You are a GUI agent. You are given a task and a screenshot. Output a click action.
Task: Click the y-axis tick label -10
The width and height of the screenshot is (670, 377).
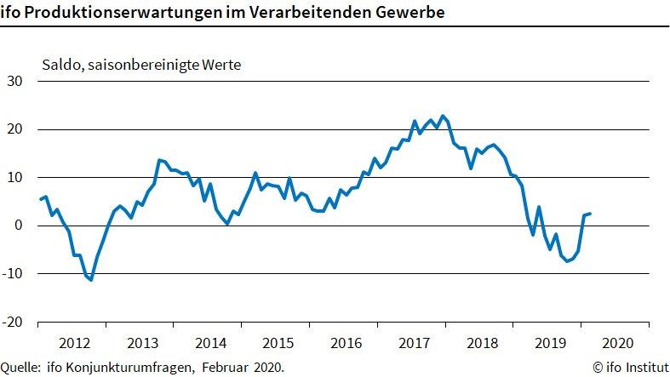point(14,274)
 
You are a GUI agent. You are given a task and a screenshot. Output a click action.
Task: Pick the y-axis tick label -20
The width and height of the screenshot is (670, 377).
point(14,322)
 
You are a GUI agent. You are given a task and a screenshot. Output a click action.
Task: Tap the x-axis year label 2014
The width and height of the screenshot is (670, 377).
point(209,344)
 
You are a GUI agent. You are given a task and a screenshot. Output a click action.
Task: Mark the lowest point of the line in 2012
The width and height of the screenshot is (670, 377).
point(90,280)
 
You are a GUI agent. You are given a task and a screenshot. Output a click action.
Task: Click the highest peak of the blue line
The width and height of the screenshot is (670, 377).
point(442,116)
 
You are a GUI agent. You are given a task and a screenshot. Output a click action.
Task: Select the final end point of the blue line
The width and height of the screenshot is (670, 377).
point(591,214)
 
